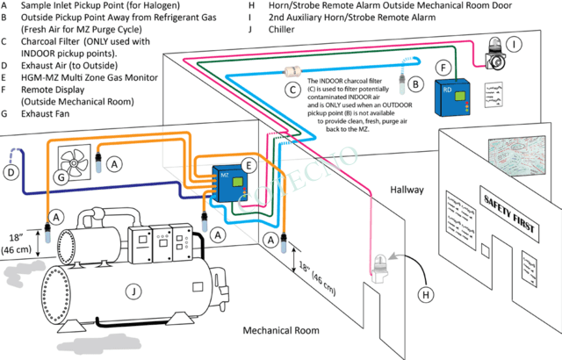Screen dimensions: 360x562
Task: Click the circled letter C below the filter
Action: [291, 88]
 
